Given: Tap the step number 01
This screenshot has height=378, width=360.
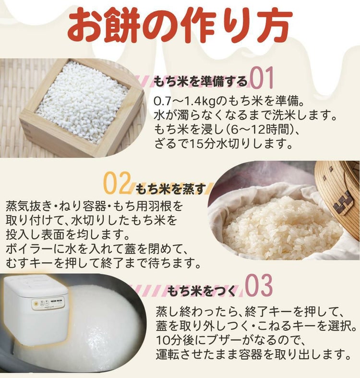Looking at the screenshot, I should pos(262,79).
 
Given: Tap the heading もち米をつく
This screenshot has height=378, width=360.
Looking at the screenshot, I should pos(202,290).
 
